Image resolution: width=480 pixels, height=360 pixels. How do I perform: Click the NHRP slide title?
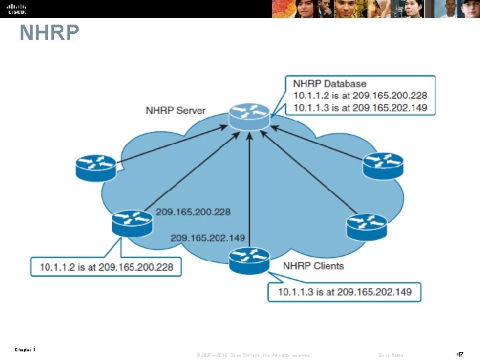pos(49,33)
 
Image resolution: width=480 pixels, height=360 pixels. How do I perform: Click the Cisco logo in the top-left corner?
pos(17,8)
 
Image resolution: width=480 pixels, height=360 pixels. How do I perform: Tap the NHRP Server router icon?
pos(249,116)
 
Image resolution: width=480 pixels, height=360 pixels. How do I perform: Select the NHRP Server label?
pos(175,110)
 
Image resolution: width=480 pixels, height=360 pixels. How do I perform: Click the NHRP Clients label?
pos(313,266)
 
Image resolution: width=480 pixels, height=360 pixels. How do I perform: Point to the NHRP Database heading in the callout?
pos(329,84)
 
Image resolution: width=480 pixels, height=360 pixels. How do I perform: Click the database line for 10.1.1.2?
pos(360,95)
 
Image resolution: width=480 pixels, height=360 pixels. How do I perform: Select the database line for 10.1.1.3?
pos(360,107)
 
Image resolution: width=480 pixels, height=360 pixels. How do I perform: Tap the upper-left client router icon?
pos(95,167)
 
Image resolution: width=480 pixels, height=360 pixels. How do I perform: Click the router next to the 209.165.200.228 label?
pos(131,223)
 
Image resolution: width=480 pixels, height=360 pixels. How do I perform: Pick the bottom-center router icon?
pos(249,259)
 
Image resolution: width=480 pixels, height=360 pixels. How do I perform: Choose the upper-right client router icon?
pos(383,166)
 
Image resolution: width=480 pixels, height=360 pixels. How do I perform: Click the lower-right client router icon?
pos(367,226)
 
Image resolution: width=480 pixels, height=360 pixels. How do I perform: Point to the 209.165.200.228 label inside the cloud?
pos(193,212)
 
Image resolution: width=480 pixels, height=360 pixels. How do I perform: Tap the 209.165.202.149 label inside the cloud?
pos(207,237)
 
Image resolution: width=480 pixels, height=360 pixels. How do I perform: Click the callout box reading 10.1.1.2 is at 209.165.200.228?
pos(107,267)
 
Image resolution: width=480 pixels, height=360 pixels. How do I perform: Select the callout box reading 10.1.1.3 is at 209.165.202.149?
pos(345,291)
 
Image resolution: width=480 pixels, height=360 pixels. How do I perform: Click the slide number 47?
pos(459,354)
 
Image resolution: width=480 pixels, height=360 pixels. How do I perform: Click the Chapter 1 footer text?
pos(24,350)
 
